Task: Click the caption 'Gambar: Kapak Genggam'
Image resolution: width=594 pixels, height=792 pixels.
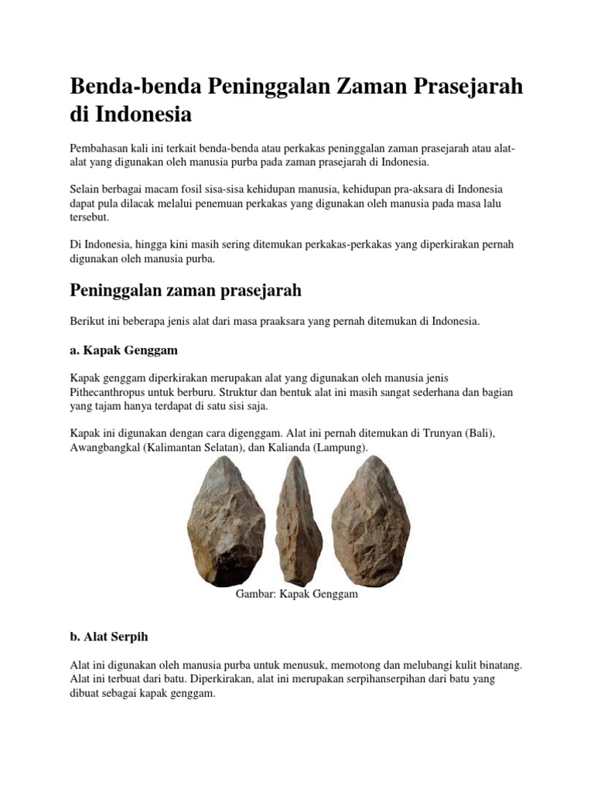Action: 296,596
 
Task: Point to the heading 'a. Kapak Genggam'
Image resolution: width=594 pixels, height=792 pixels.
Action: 124,350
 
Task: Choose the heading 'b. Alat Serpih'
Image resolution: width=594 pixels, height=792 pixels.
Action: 109,637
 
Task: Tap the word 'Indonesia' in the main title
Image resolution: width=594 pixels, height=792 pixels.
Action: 144,114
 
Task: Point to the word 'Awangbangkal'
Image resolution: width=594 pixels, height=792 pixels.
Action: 104,448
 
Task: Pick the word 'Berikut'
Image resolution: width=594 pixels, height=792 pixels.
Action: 87,321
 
